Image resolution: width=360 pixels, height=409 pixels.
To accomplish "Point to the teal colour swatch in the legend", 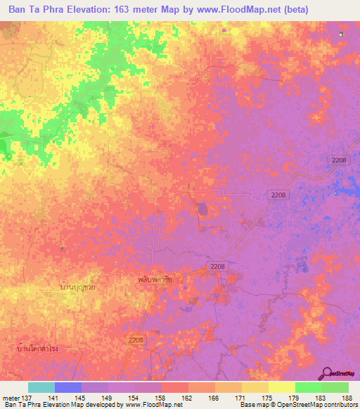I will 41,387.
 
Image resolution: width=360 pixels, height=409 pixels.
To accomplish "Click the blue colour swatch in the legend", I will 68,387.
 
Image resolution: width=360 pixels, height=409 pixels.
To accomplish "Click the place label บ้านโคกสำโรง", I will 39,347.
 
